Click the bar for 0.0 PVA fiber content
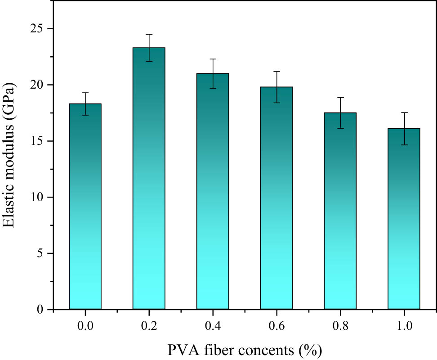coord(85,207)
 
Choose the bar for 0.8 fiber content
coord(340,211)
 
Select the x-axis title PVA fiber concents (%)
coord(245,350)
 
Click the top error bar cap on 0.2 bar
coord(149,34)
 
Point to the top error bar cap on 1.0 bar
coord(404,112)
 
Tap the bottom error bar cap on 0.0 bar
coord(85,115)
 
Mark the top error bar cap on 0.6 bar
coord(276,72)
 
